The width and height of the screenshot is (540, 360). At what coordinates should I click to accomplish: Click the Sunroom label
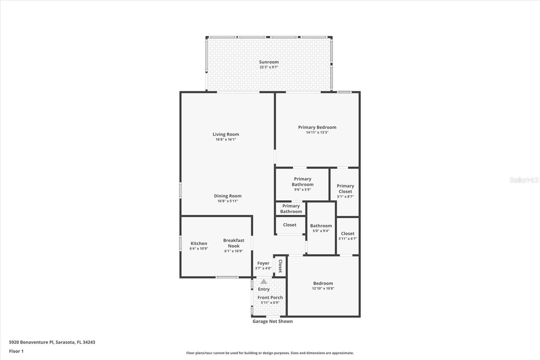click(269, 62)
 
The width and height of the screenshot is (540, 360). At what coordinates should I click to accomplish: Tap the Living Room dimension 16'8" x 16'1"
click(226, 139)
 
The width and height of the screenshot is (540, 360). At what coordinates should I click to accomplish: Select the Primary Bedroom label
click(317, 127)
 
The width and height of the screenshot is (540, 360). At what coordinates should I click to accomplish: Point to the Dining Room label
click(227, 196)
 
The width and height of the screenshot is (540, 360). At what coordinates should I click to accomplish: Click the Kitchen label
click(199, 243)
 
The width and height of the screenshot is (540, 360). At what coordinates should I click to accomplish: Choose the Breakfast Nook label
click(234, 243)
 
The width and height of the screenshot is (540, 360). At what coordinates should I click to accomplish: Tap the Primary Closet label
click(345, 188)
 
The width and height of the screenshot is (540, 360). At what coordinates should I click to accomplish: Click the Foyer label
click(263, 263)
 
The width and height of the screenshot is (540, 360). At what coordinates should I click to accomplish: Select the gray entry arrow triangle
click(264, 281)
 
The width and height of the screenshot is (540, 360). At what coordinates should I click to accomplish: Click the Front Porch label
click(270, 298)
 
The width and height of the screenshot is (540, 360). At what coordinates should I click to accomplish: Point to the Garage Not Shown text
click(272, 321)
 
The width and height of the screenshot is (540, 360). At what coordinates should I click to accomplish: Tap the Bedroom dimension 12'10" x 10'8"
click(323, 288)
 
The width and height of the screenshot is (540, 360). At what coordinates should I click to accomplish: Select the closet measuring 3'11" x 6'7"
click(348, 236)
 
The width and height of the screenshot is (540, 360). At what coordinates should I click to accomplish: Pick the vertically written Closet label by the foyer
click(280, 266)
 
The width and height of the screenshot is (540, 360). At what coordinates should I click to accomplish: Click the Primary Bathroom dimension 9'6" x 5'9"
click(302, 190)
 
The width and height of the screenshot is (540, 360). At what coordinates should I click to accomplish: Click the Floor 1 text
click(16, 351)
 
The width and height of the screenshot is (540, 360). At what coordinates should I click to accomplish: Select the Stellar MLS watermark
click(524, 180)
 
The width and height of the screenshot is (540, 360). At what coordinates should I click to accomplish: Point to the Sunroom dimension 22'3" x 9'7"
click(269, 67)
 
